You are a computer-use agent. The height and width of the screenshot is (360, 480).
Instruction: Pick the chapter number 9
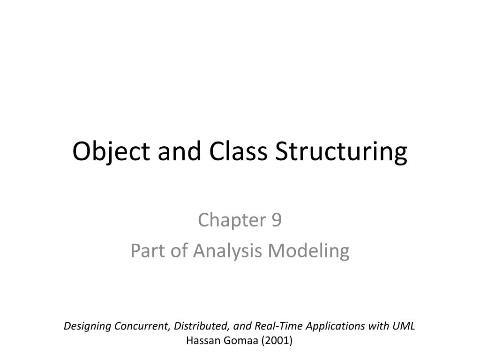pos(276,220)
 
